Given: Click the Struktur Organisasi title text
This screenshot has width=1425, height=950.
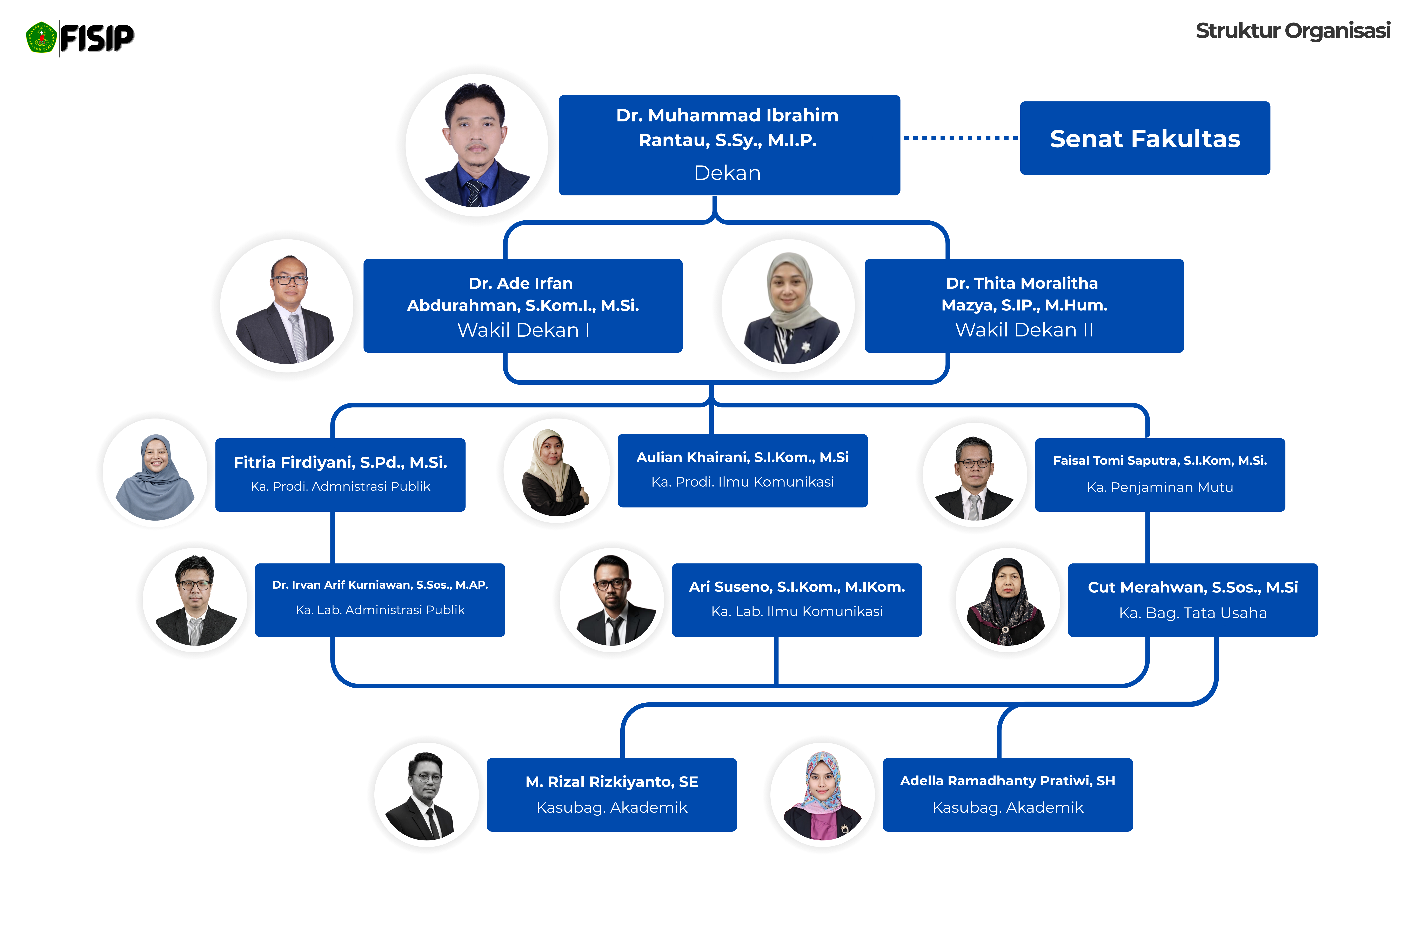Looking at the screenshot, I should click(x=1293, y=31).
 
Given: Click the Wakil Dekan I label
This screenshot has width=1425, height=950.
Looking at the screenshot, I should click(x=523, y=330).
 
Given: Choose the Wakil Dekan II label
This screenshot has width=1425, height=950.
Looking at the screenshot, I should click(x=1024, y=330).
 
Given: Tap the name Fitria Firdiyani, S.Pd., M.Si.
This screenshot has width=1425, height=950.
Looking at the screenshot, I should click(x=341, y=462).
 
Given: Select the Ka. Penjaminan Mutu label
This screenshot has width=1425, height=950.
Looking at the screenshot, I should click(x=1160, y=488).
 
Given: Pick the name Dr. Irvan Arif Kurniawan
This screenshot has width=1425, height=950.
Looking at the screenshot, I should click(x=380, y=585).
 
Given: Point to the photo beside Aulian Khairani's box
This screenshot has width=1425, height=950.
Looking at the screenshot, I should click(x=556, y=471).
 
